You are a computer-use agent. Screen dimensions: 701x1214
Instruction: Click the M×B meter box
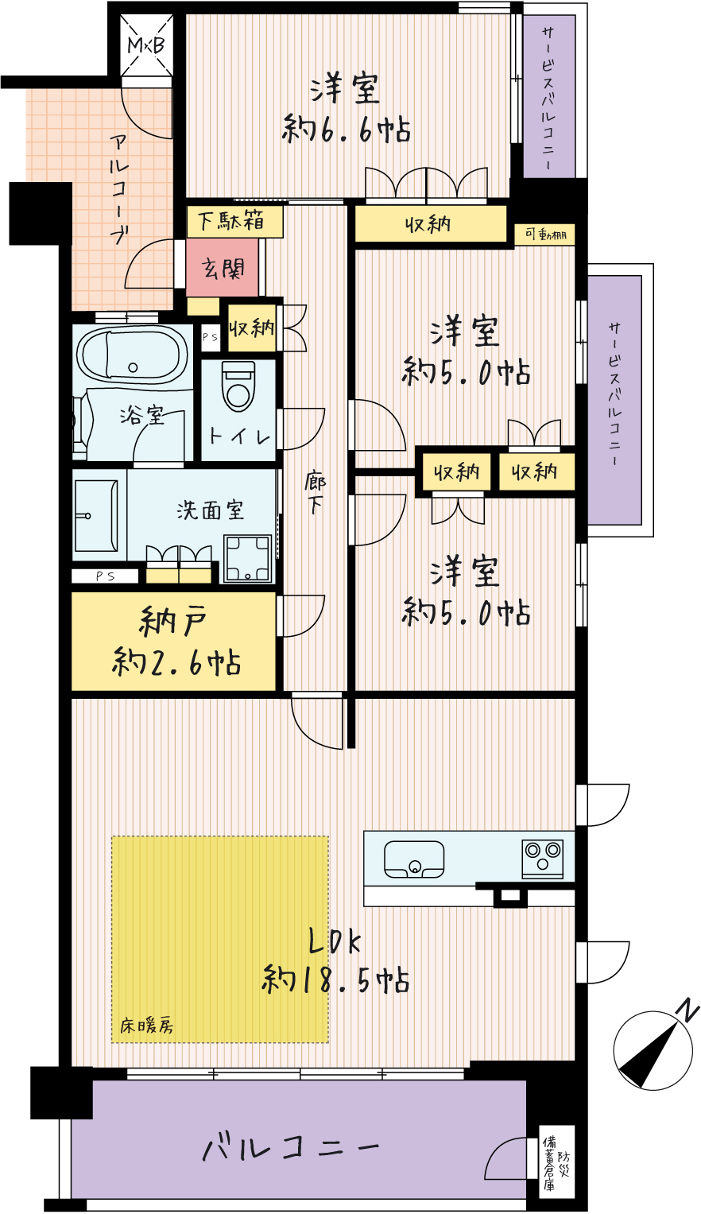[146, 45]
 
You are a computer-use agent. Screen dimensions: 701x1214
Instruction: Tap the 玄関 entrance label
[223, 268]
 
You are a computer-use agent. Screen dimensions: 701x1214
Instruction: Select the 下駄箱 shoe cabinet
[234, 221]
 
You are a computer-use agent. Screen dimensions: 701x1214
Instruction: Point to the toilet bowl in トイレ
[238, 386]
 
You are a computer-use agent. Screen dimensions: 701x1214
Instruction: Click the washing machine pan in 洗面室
[248, 558]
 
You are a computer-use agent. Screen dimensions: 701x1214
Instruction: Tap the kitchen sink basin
[414, 859]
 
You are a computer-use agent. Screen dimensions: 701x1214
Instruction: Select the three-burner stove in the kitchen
[542, 859]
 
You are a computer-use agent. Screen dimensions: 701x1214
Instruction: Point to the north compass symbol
[654, 1049]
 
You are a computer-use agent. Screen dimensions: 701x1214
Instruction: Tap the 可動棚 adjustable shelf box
[545, 235]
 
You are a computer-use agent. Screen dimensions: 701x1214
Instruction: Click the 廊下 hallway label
[315, 493]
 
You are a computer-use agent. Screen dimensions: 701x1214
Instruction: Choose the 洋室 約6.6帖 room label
[346, 109]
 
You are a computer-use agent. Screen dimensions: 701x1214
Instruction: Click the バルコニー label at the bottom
[291, 1146]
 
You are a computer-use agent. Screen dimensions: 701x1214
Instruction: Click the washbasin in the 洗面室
[96, 515]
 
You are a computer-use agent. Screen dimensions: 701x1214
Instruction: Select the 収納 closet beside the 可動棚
[432, 223]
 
